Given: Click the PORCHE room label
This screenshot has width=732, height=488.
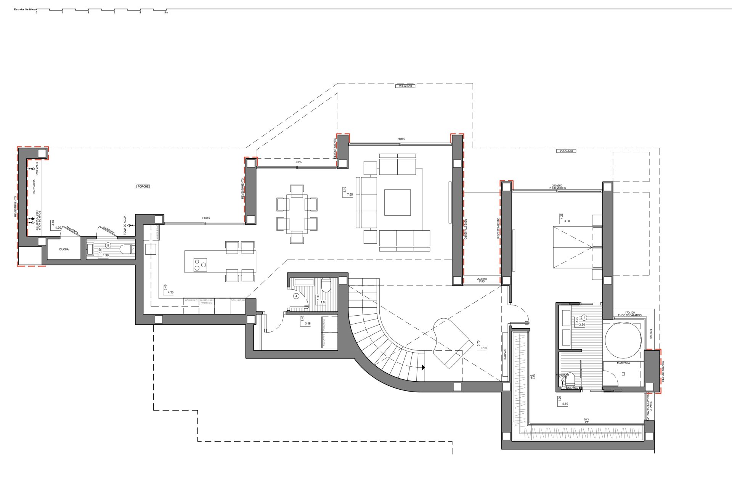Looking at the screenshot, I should (143, 186).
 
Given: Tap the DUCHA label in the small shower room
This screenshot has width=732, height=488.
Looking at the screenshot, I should (64, 249).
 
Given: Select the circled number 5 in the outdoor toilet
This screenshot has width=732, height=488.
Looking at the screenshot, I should (108, 246).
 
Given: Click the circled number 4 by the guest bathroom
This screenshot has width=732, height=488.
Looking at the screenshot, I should (296, 295).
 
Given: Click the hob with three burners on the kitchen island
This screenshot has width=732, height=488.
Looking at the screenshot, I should (200, 264).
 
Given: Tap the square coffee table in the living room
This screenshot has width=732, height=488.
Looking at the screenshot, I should (397, 202).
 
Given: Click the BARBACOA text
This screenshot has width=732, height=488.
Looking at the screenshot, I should (34, 187).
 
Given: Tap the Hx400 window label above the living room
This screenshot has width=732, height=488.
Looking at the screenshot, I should (401, 139).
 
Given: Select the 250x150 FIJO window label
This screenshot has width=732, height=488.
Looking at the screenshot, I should (482, 280).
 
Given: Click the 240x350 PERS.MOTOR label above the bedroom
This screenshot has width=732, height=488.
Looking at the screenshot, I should (557, 187).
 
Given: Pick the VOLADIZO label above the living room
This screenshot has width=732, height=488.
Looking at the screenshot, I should (405, 86).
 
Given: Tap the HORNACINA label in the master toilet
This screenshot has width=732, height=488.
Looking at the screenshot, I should (570, 388).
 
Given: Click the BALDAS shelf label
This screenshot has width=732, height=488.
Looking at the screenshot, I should (506, 355).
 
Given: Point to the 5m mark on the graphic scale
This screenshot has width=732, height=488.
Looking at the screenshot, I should (166, 12).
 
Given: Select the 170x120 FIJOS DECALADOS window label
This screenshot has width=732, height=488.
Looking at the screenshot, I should (629, 314).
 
